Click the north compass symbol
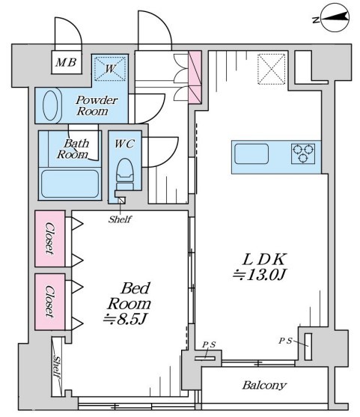[x=335, y=17]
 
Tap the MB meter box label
[x=66, y=62]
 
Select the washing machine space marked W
[x=110, y=68]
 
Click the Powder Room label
[x=97, y=106]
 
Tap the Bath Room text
[x=73, y=149]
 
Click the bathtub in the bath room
[x=70, y=183]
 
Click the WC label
[x=124, y=144]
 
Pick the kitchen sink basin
[x=251, y=153]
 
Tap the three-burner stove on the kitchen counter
[x=303, y=153]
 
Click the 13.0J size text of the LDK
[x=259, y=276]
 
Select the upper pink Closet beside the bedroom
[x=50, y=239]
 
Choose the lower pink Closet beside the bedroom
[x=50, y=302]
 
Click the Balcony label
[x=264, y=385]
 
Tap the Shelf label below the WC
[x=120, y=219]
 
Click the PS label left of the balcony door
[x=209, y=345]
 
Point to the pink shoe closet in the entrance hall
[x=195, y=77]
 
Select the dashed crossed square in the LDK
[x=272, y=69]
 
